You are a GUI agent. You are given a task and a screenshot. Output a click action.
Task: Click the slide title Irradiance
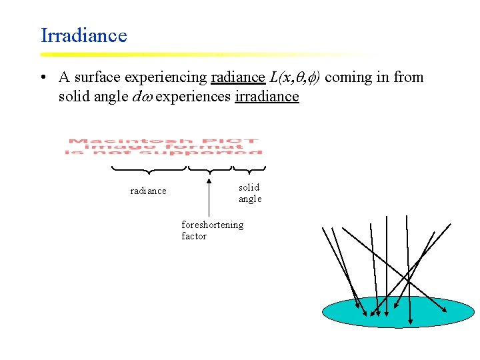83,35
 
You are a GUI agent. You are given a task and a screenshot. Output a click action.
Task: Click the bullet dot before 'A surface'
43,78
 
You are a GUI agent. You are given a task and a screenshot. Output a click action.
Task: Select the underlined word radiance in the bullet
237,77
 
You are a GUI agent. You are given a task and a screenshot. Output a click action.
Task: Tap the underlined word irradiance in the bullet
267,97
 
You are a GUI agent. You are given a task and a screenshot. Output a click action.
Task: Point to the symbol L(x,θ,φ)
295,77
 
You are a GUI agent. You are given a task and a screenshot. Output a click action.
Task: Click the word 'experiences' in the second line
193,97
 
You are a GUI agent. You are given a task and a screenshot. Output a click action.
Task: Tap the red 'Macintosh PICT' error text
163,147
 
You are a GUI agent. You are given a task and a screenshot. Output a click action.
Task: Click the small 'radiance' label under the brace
148,191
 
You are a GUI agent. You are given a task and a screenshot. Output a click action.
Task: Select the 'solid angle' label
250,193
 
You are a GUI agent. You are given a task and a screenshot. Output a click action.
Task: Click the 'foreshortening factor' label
212,230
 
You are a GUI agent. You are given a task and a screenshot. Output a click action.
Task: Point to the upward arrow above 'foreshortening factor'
209,197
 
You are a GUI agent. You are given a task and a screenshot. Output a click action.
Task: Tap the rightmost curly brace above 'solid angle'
250,169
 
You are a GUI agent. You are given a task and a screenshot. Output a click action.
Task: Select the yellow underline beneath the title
200,54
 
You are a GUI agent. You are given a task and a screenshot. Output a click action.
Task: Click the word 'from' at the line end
409,77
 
